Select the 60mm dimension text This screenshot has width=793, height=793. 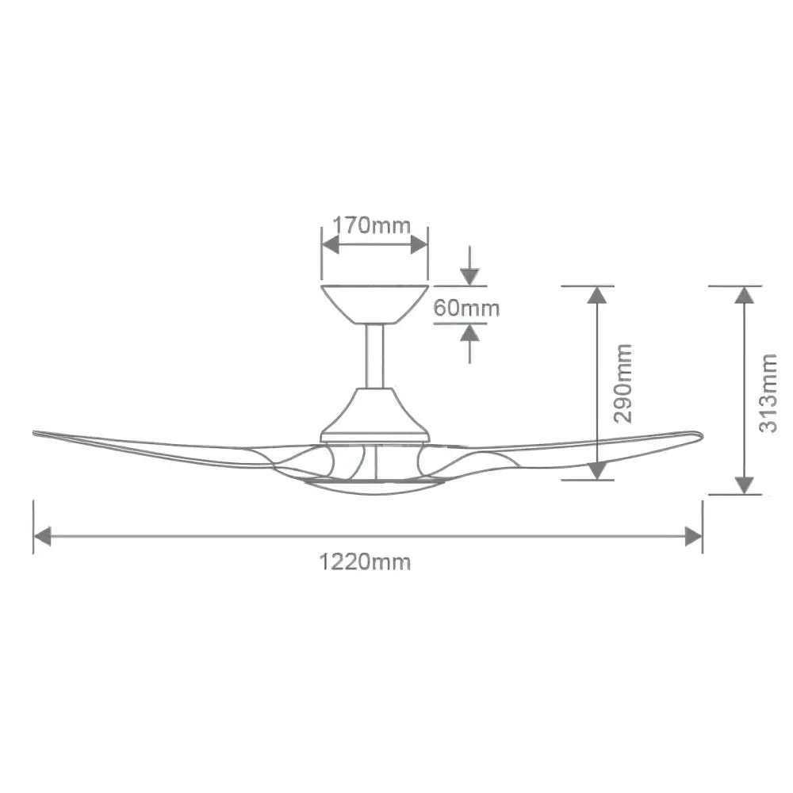point(466,308)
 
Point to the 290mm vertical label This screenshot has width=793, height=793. point(624,383)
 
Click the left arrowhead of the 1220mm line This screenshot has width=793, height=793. point(42,537)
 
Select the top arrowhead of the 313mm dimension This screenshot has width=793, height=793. point(743,295)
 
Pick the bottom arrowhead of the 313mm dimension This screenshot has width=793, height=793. point(743,485)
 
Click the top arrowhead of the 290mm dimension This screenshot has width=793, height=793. point(597,295)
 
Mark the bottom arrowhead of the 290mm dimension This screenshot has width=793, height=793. point(597,470)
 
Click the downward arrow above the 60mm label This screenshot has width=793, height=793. point(469,276)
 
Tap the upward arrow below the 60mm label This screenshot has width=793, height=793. point(469,334)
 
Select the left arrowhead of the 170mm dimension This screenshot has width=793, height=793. point(331,244)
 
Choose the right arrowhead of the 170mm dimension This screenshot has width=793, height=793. point(419,244)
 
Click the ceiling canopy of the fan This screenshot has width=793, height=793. point(374,303)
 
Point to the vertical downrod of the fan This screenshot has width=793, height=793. point(374,356)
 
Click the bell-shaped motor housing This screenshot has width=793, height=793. point(374,414)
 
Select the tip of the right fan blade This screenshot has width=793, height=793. point(698,435)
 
